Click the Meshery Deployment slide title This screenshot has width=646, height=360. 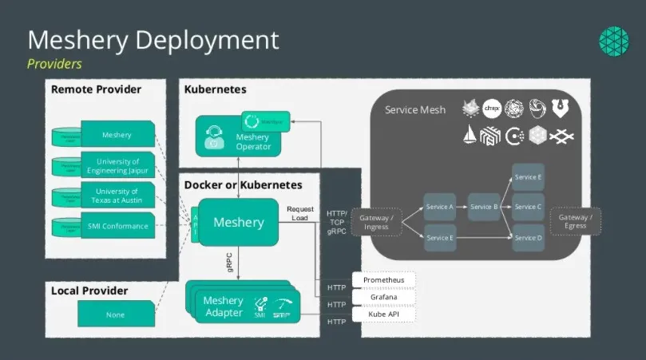point(153,40)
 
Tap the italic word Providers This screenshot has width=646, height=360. point(54,63)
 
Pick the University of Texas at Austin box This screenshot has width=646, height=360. point(117,196)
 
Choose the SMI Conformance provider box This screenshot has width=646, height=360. point(117,226)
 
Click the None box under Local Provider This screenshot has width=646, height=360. point(116,315)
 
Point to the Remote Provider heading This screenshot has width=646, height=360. point(96,89)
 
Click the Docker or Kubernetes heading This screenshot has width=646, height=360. point(243,184)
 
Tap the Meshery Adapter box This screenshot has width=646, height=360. point(224,307)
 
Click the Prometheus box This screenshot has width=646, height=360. point(383,280)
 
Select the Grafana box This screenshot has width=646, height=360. point(383,297)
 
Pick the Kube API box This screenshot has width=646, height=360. point(383,315)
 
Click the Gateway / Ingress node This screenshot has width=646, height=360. point(375,221)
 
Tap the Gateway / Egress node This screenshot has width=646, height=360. point(575,221)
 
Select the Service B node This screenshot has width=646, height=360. point(483,207)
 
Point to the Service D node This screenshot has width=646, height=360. point(528,238)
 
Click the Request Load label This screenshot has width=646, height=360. point(300,212)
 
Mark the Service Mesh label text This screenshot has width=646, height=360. point(415,110)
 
